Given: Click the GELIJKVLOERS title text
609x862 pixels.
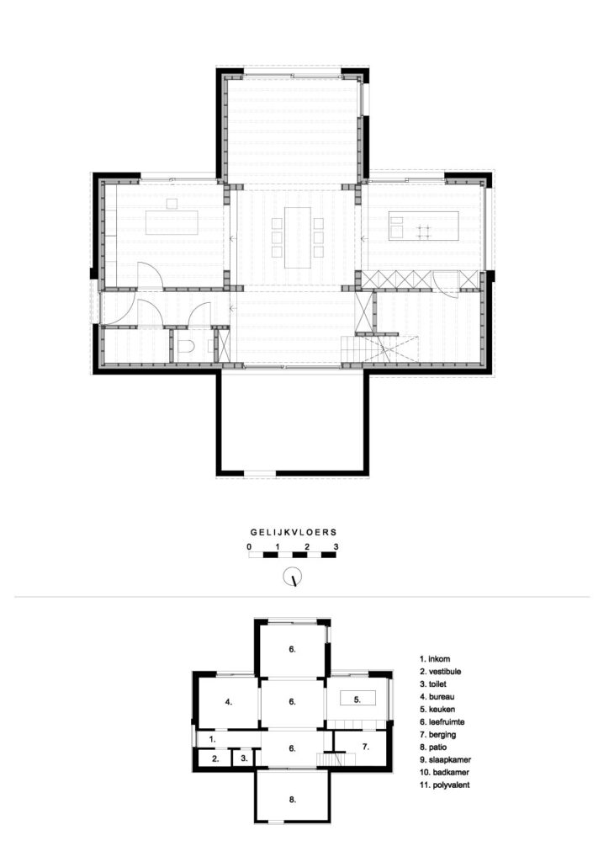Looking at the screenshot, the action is click(294, 532).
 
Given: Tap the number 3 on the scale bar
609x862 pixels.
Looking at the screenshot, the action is click(336, 547).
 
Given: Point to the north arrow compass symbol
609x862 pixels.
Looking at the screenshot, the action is click(293, 577).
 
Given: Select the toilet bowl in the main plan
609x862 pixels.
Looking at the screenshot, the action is click(186, 346).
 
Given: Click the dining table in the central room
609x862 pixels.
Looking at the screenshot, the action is click(297, 237).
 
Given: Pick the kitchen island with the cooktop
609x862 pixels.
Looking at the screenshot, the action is click(423, 226).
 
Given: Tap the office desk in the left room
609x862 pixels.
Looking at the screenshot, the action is click(172, 222).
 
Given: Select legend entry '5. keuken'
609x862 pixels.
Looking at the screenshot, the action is click(437, 709).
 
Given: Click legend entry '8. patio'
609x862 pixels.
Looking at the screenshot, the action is click(432, 748).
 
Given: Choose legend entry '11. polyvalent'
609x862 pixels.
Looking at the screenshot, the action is click(444, 785).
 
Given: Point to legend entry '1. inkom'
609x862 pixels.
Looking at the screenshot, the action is click(435, 658).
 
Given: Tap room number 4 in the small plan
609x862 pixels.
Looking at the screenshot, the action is click(229, 701).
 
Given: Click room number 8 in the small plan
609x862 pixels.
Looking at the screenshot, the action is click(292, 800).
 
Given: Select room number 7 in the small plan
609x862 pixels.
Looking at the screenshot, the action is click(365, 747).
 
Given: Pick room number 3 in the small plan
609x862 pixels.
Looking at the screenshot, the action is click(244, 758).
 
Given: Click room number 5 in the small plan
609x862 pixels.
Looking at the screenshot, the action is click(357, 700).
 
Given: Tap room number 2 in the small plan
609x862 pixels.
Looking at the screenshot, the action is click(216, 758).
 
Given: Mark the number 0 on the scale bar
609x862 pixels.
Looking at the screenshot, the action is click(249, 547).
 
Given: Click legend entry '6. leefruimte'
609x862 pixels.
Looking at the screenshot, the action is click(442, 721).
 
